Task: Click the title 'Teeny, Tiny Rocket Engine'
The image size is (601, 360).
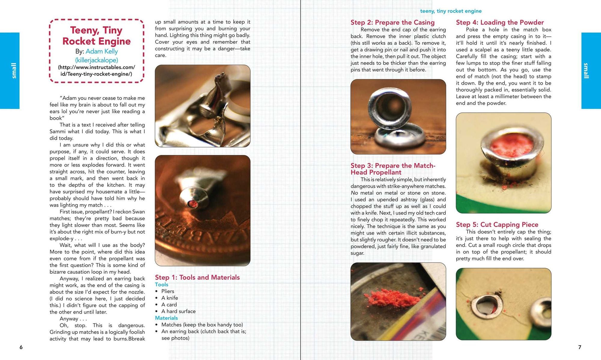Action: coord(96,36)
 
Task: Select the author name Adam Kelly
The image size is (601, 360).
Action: coord(102,51)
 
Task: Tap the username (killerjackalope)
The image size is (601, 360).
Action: coord(96,60)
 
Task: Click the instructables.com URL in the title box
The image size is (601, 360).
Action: coord(96,71)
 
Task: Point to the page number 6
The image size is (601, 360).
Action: coord(21,347)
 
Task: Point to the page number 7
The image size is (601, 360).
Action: coord(580,347)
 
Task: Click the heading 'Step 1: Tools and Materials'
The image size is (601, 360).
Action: coord(197,277)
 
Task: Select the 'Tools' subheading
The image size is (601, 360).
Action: coord(162,285)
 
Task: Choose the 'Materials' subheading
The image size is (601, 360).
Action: coord(166,318)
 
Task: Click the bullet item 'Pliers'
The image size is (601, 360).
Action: coord(168,291)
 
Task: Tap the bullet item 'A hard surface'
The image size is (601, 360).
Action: coord(178,311)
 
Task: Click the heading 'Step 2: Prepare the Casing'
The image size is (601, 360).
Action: coord(392,23)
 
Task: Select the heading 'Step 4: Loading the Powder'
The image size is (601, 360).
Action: coord(500,23)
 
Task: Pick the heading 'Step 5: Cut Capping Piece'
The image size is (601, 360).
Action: coord(497,225)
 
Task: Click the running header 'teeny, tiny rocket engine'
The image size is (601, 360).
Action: coord(451,11)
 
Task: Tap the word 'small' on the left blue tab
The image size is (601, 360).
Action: coord(14,71)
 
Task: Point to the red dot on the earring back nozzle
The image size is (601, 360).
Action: coord(192,204)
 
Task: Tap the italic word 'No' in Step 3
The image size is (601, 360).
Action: coord(354,193)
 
